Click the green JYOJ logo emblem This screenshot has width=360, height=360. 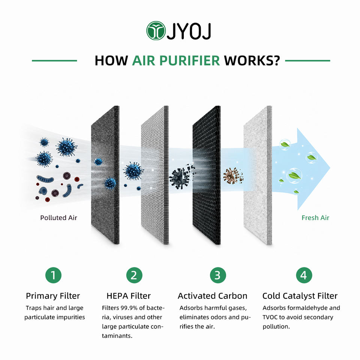(x=156, y=30)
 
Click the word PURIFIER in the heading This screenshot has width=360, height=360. (x=189, y=61)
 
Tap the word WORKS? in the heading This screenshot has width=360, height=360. (x=252, y=61)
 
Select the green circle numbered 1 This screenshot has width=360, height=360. (x=53, y=275)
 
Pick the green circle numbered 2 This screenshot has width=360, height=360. (x=134, y=275)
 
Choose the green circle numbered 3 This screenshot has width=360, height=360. (x=218, y=275)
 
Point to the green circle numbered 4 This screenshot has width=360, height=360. (x=304, y=275)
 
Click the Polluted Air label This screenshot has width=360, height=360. (x=58, y=217)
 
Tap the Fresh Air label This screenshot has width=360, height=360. (x=315, y=217)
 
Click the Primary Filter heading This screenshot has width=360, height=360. (x=53, y=296)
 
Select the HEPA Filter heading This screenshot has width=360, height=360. (x=129, y=296)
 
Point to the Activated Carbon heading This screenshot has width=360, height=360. (x=212, y=296)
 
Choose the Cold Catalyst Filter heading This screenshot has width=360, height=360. (x=300, y=296)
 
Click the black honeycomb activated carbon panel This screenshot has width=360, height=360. (x=206, y=174)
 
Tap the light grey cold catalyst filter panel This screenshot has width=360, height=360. (x=258, y=174)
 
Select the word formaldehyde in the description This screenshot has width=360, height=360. (x=303, y=308)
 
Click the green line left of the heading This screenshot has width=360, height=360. (x=54, y=61)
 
